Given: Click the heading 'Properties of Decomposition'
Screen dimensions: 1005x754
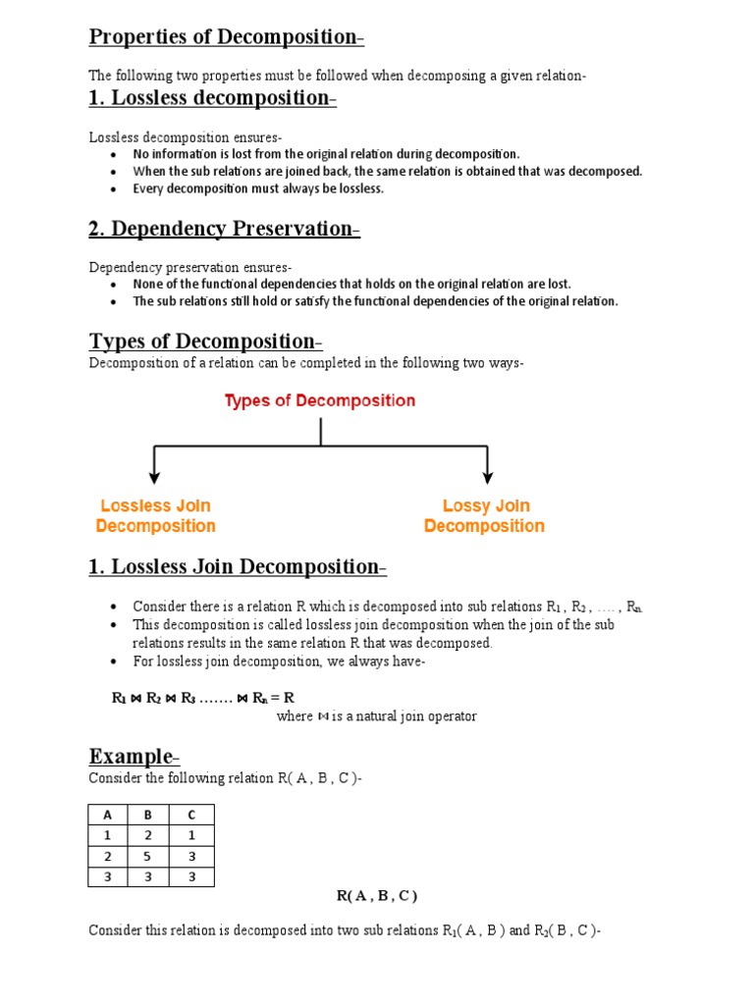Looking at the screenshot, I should point(224,37).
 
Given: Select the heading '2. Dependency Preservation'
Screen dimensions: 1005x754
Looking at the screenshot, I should point(222,229).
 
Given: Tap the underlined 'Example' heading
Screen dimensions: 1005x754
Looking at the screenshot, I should point(133,756).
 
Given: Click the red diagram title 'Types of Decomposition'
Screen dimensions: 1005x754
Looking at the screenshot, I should point(320,400).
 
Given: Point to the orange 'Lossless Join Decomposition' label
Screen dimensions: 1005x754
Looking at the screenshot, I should point(155,516).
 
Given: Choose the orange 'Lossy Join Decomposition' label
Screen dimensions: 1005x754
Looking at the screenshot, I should point(485,516).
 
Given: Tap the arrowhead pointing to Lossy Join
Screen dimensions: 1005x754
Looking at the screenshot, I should point(487,478).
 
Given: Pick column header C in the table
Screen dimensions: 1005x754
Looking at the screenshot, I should point(191,814).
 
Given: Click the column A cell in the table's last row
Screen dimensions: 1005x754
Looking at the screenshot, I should point(108,876).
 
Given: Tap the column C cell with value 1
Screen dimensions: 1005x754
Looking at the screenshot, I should point(191,835).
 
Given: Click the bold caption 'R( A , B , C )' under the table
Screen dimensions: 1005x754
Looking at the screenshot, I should point(377,895).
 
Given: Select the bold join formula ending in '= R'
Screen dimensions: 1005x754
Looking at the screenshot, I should point(203,698).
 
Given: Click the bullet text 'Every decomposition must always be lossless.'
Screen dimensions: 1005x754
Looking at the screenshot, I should point(258,188).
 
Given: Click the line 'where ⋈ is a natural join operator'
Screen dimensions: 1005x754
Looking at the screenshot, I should point(376,716).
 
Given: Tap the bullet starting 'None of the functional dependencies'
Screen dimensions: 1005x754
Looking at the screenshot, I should point(351,284).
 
